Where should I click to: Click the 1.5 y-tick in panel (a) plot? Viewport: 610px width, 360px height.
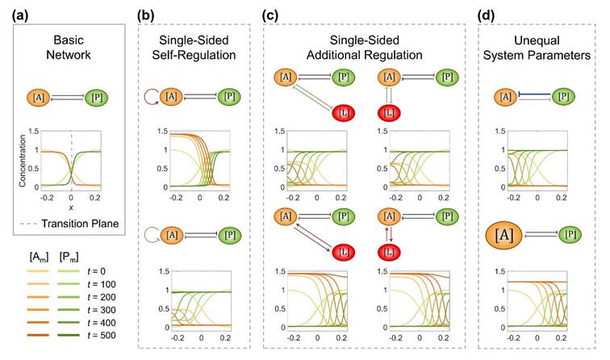click(x=24, y=131)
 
